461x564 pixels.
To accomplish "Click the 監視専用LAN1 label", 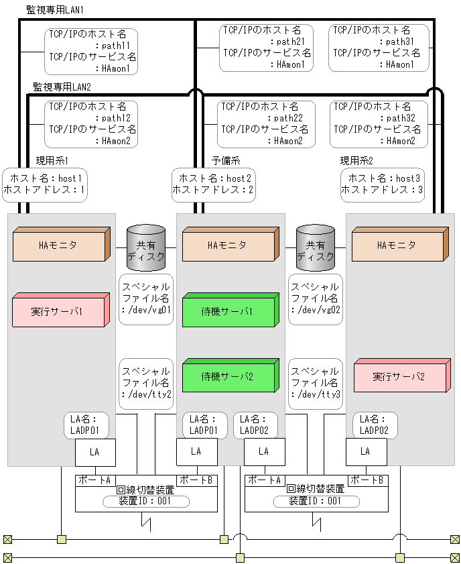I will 54,11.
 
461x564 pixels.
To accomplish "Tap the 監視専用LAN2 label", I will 62,87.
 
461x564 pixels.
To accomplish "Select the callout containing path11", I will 92,51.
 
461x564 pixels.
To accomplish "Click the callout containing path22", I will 265,123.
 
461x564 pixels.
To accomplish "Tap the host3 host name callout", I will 383,184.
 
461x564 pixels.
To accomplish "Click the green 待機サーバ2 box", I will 229,377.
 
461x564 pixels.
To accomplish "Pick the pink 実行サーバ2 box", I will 399,377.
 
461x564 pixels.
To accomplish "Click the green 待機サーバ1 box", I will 229,313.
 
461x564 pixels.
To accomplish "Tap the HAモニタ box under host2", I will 229,245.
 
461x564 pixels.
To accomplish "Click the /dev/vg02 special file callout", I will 315,299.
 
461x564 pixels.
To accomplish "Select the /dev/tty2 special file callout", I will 146,384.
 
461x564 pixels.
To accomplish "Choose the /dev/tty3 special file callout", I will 315,384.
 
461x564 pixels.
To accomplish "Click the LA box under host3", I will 365,452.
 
